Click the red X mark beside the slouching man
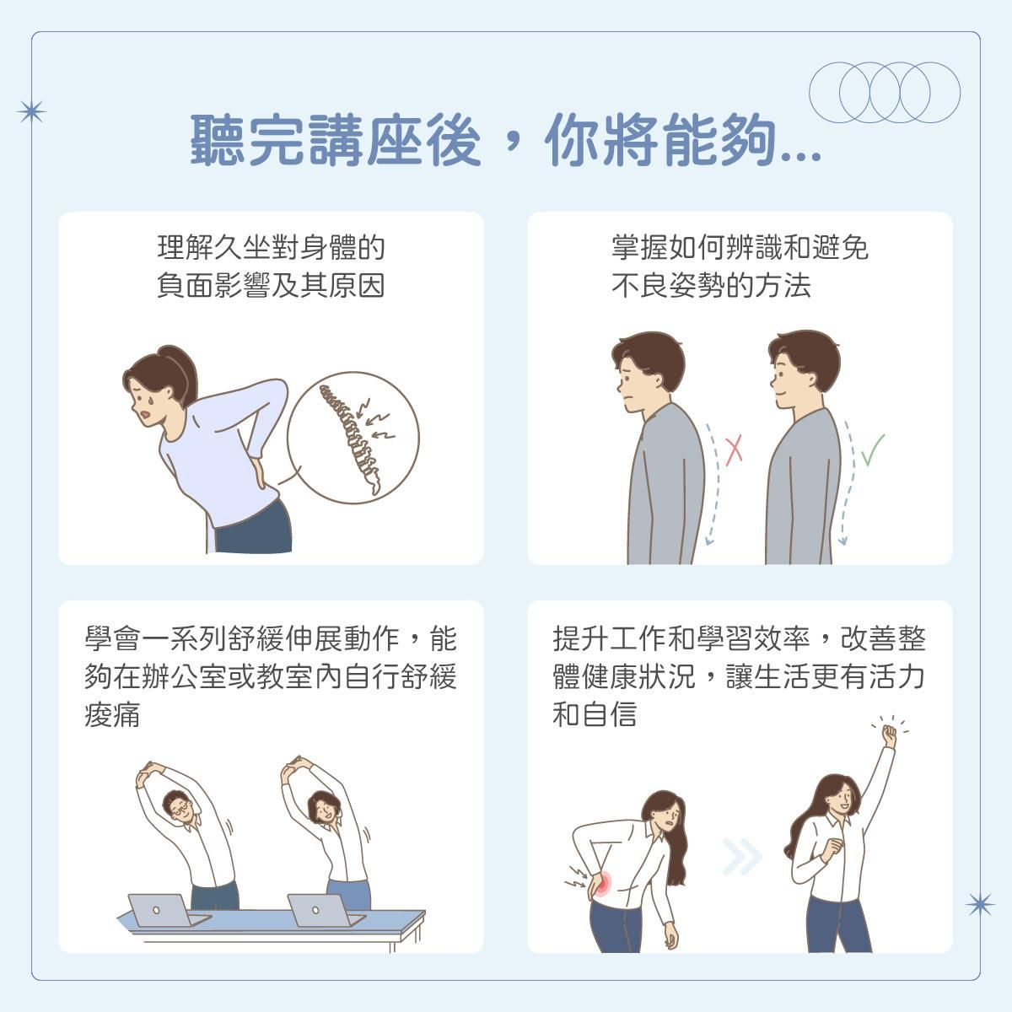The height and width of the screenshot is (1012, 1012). coord(734,450)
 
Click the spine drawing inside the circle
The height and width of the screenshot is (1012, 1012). coord(351,437)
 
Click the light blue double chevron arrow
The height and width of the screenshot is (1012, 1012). coord(741,857)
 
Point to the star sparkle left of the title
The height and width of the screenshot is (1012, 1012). coord(31,112)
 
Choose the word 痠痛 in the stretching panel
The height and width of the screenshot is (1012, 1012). coord(112,715)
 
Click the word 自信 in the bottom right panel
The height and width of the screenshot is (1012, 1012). coord(609,715)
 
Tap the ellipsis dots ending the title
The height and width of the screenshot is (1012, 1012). coord(801,155)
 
